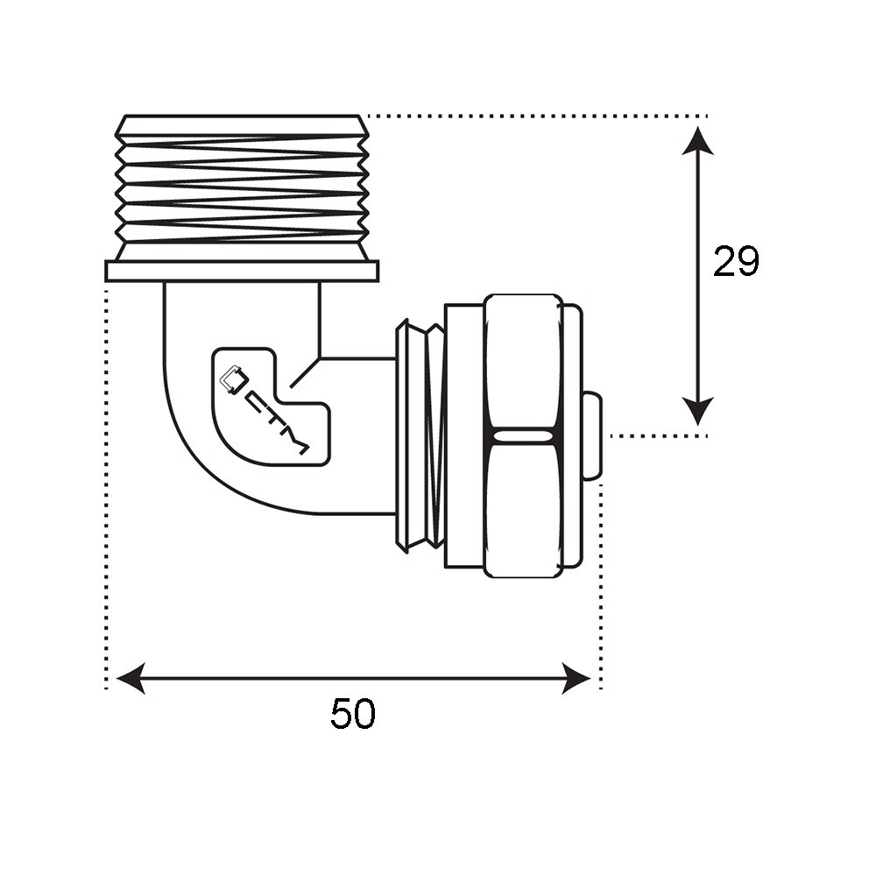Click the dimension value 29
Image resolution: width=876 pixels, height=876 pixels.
coord(736,262)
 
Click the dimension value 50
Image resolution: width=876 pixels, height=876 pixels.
coord(353,715)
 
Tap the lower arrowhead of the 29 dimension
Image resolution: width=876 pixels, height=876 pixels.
coord(697,412)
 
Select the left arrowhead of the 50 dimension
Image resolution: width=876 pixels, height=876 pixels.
coord(130,678)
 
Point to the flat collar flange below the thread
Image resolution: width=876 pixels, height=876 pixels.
coord(242,271)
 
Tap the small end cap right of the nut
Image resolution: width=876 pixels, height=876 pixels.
coord(591,435)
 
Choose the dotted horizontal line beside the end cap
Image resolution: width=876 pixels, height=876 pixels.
coord(657,435)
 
